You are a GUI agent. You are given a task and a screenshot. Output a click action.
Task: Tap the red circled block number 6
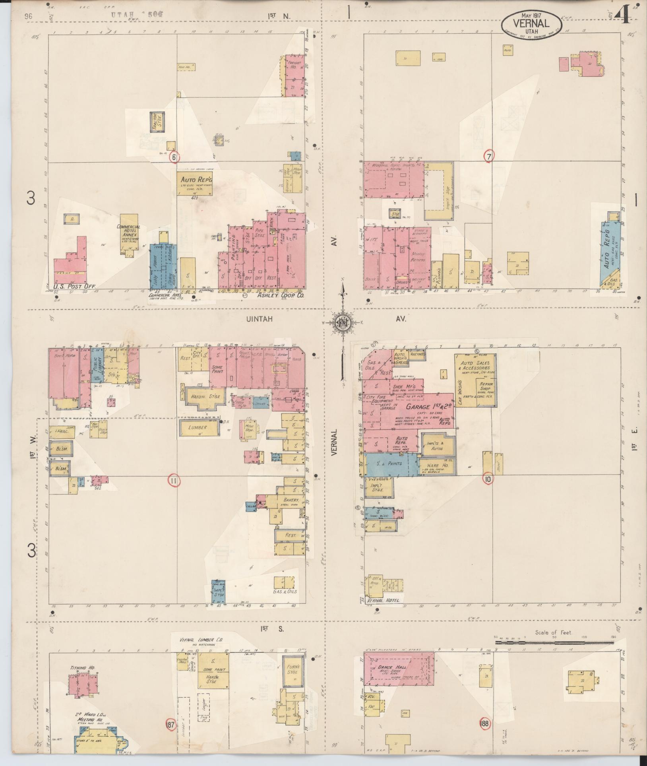coord(174,157)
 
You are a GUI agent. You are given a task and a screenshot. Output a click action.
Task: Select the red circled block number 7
coord(488,157)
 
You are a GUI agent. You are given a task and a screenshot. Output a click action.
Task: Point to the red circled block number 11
coord(174,481)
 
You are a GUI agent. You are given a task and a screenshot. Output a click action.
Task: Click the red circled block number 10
coord(488,479)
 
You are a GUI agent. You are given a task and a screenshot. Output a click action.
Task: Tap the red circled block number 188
coord(485,722)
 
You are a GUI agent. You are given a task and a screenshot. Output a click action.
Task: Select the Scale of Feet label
coord(553,632)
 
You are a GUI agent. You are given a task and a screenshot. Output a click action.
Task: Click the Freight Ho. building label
coord(295,65)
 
